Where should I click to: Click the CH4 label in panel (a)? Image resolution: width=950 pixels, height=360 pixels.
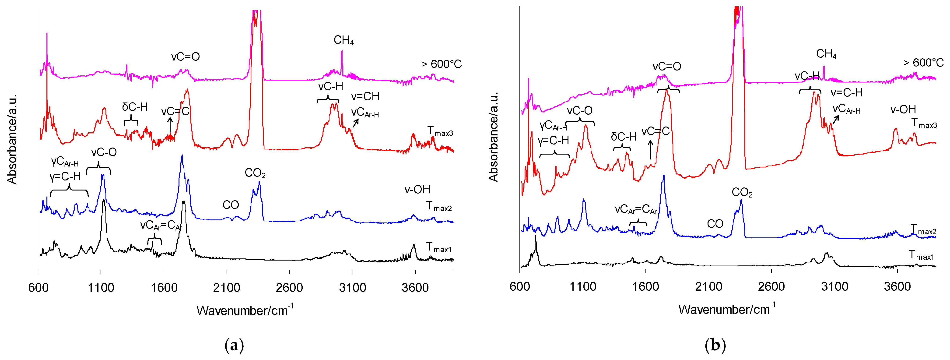click(343, 40)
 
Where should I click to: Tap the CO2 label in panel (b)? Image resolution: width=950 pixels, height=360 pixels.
click(742, 193)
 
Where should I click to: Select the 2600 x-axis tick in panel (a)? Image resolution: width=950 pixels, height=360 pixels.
click(289, 288)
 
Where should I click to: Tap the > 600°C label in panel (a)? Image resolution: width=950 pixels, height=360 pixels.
click(441, 64)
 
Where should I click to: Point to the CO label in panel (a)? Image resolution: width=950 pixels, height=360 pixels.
click(231, 205)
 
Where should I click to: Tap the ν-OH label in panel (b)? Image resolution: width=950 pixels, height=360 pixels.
click(903, 109)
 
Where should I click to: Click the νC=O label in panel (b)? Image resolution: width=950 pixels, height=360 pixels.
click(666, 67)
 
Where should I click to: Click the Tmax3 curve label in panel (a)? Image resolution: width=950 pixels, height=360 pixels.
click(440, 131)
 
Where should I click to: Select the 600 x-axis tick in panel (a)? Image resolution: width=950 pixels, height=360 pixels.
click(38, 288)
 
